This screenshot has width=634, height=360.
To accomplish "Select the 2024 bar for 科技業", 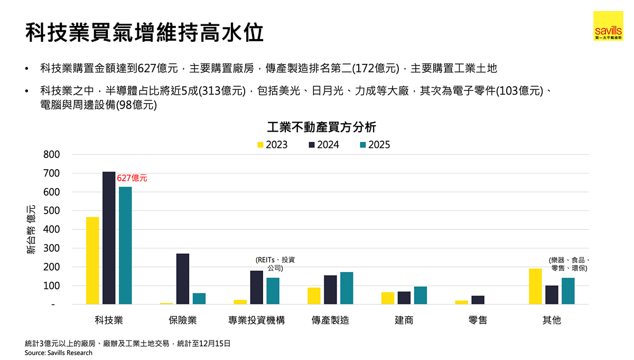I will pos(109,238).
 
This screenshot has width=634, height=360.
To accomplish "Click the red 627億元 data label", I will pos(132,179).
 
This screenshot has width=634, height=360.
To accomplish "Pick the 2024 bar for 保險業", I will pos(183,279).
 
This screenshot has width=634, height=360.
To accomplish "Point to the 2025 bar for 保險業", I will pos(199,299).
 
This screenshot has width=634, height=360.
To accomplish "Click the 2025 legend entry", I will pos(375,145).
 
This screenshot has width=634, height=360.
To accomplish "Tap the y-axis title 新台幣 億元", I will pos(31,229).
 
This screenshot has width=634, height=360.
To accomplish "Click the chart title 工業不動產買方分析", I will pos(322,127).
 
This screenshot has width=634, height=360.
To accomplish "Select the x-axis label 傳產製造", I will pos(330,320).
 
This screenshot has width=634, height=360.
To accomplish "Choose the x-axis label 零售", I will pos(478,320).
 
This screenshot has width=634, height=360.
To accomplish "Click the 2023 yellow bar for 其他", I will pos(535,287).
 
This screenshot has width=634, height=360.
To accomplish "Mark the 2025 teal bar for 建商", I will pos(421,296).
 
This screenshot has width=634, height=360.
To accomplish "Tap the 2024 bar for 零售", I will pos(478,300).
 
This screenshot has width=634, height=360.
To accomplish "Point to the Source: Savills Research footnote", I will pos(59,353).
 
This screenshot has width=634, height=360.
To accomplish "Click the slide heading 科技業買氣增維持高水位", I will pos(144,33).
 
